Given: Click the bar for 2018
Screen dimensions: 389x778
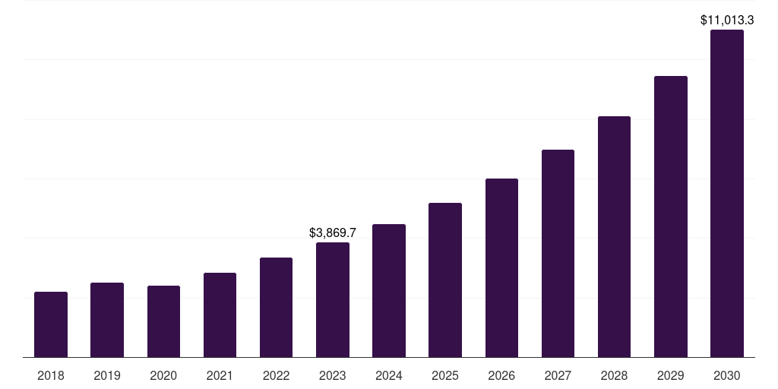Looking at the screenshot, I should [x=51, y=324].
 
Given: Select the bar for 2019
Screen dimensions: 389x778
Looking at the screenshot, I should [x=107, y=320].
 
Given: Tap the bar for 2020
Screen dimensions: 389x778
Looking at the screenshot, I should [x=163, y=321].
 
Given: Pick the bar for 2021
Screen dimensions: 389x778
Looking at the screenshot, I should [x=220, y=315].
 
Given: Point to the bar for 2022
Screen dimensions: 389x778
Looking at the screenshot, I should [x=276, y=307].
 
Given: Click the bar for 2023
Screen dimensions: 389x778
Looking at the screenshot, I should [x=333, y=299].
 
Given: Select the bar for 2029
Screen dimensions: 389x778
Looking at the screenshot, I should [x=670, y=217].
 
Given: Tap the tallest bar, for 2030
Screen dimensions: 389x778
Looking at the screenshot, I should [x=726, y=194].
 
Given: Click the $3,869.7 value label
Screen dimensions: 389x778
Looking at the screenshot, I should [x=333, y=233].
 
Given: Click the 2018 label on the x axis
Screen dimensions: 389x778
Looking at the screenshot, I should [x=51, y=375].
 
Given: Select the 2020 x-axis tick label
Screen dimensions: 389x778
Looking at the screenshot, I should [x=163, y=375].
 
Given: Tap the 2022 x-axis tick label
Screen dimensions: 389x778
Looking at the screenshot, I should [x=276, y=375].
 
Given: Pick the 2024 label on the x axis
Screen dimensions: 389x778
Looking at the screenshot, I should [x=389, y=375].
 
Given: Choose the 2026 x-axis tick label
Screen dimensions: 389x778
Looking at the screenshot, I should [x=501, y=375].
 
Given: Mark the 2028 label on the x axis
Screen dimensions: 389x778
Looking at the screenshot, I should [x=614, y=375].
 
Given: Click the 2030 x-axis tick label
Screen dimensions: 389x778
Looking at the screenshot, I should [x=726, y=375].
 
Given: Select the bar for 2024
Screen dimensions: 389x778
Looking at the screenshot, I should [x=389, y=290].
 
